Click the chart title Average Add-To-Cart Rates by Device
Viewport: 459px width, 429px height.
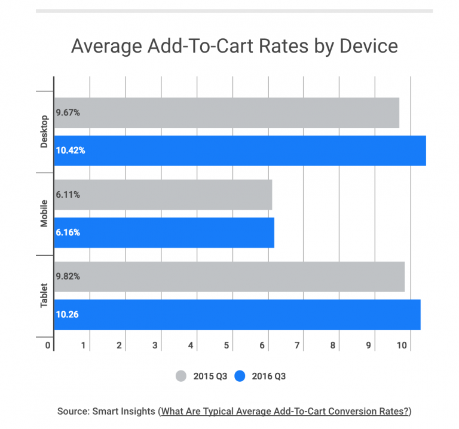[x=234, y=46]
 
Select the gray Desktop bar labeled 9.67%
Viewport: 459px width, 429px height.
[x=227, y=112]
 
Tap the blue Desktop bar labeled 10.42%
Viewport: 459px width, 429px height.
[x=240, y=151]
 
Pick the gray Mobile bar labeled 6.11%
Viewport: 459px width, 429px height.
[x=163, y=195]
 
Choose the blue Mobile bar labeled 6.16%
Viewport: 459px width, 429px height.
[x=164, y=232]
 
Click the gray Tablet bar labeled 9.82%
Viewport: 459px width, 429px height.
[x=229, y=277]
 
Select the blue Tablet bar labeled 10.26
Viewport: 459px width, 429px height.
[x=237, y=314]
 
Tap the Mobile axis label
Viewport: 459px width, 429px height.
[x=44, y=213]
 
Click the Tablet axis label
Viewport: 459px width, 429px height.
[x=44, y=295]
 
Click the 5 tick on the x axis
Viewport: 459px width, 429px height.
[x=227, y=345]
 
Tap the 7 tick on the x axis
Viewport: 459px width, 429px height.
[x=298, y=345]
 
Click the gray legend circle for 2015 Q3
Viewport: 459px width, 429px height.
[x=182, y=376]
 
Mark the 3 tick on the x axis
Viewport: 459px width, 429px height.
[x=156, y=345]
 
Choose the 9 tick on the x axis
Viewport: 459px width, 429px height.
[x=369, y=345]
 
